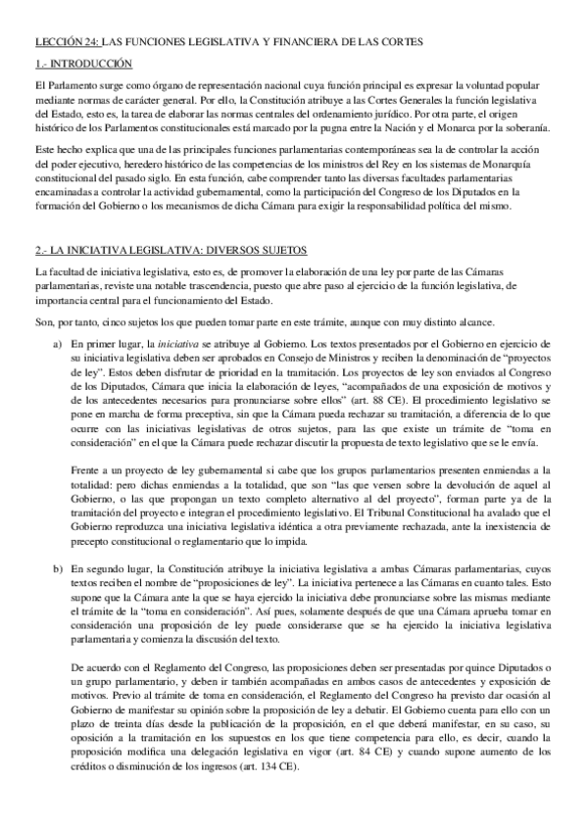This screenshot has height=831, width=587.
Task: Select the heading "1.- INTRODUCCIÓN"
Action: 82,63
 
